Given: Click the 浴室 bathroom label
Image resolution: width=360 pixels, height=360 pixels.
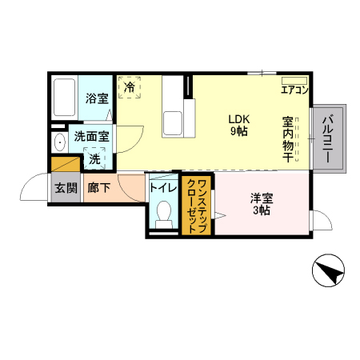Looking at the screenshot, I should (97, 99).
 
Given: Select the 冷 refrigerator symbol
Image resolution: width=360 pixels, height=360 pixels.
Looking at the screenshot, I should (130, 86).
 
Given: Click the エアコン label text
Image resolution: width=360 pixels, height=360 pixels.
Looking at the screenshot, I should (295, 90).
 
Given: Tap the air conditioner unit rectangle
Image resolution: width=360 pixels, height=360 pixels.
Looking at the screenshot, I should (294, 79).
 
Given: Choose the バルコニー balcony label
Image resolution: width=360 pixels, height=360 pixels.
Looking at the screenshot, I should (328, 138).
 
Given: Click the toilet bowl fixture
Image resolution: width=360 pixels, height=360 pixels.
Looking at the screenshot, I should (164, 214).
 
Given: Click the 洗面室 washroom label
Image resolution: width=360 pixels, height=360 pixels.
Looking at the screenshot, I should (92, 137).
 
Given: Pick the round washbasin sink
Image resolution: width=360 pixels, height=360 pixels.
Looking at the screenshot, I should (60, 142).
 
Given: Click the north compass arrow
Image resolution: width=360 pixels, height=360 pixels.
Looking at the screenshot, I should (328, 273).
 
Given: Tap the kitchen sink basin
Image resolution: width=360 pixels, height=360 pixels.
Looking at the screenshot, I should (174, 123).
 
